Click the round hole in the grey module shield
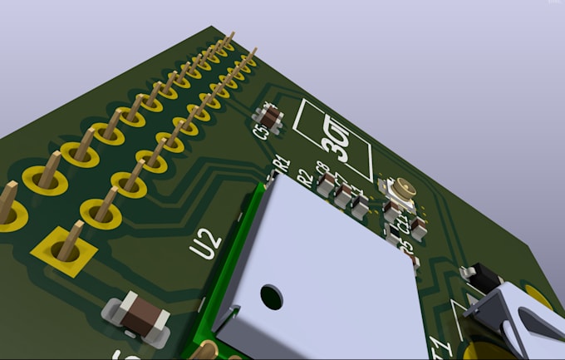pyautogui.click(x=271, y=294)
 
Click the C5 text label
pyautogui.click(x=261, y=131)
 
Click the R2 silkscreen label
pyautogui.click(x=304, y=176)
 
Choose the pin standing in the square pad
pyautogui.click(x=72, y=236)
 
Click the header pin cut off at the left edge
pyautogui.click(x=7, y=205)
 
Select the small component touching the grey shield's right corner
pyautogui.click(x=412, y=264)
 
